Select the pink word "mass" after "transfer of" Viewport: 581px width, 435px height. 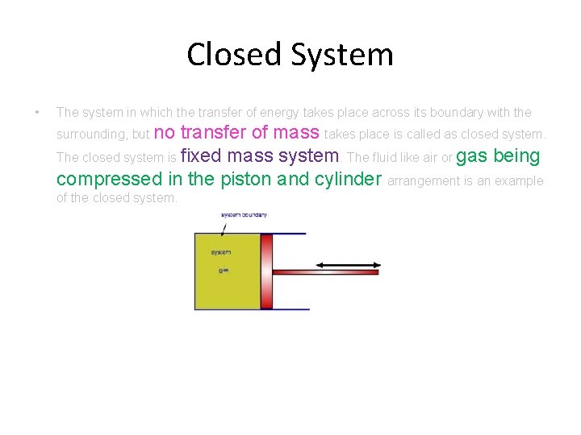(x=297, y=132)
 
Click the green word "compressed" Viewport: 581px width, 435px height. (x=109, y=179)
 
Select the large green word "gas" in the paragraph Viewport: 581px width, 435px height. (x=472, y=155)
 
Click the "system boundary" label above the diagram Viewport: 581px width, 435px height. (x=244, y=215)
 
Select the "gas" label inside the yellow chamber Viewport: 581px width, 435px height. (x=224, y=270)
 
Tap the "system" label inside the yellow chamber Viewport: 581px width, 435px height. (x=221, y=252)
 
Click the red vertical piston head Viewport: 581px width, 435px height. (x=267, y=271)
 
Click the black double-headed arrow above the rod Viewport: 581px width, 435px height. (x=346, y=263)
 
